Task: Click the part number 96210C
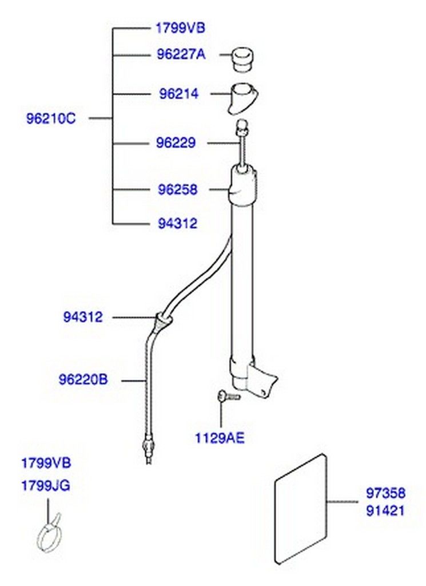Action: point(51,118)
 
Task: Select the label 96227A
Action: point(181,55)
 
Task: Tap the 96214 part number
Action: point(179,94)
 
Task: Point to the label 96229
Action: point(176,142)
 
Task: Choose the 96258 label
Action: point(177,189)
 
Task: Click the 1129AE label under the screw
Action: point(220,438)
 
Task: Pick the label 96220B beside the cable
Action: point(83,380)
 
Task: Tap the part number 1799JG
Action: point(46,486)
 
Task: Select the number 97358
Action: point(385,493)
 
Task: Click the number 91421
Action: point(385,510)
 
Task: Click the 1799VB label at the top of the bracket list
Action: point(180,29)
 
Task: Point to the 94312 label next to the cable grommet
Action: point(82,317)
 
